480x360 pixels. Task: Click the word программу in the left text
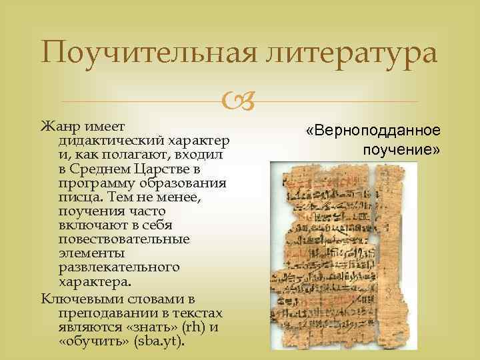pyautogui.click(x=93, y=183)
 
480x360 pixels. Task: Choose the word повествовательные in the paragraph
pyautogui.click(x=124, y=239)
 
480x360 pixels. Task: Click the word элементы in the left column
pyautogui.click(x=86, y=253)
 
